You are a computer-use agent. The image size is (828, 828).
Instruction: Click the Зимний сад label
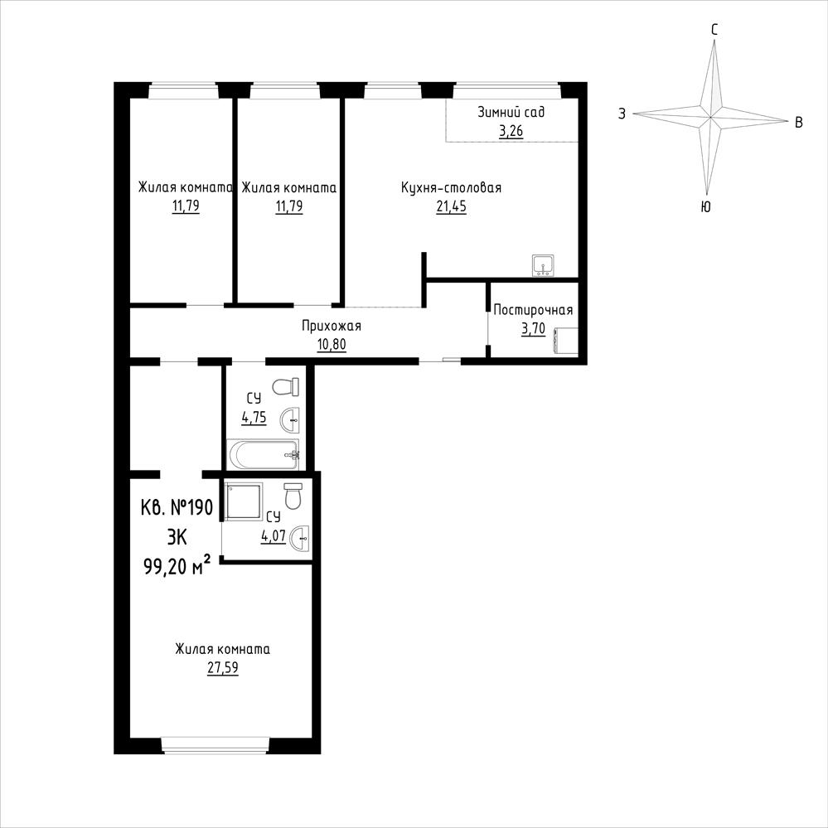[511, 112]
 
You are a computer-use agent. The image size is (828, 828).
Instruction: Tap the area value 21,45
[451, 206]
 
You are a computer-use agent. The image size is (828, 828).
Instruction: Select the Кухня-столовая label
[451, 187]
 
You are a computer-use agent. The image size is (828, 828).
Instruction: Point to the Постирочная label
[533, 309]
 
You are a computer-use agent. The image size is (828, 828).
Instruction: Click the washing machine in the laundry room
[565, 340]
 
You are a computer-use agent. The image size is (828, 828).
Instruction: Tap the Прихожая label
[332, 326]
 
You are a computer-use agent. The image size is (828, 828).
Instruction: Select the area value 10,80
[332, 344]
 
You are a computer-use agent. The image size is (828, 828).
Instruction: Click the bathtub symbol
[263, 455]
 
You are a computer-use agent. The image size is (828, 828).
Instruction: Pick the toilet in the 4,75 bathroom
[286, 386]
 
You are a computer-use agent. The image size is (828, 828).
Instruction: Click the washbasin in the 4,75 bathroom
[290, 421]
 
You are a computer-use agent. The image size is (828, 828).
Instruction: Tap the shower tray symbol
[244, 501]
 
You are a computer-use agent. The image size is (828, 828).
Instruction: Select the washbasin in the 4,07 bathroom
[299, 538]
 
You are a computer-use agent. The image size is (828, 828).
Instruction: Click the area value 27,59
[223, 667]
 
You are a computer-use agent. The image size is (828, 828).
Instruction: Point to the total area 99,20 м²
[177, 567]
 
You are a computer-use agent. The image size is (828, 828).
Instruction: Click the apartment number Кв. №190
[177, 508]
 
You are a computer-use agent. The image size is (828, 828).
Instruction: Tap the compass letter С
[714, 31]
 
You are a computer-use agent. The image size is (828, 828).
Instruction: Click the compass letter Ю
[705, 207]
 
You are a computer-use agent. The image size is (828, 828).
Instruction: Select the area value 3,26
[511, 130]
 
